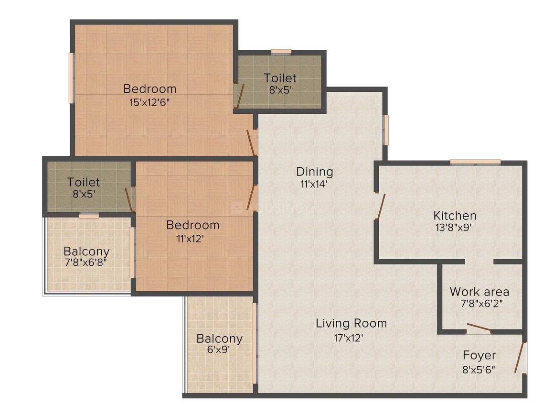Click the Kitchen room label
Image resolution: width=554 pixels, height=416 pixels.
click(454, 215)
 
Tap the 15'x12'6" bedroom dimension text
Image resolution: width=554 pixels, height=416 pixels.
click(149, 102)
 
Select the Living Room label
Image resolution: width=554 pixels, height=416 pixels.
click(351, 323)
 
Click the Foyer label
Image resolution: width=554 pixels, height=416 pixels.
click(479, 355)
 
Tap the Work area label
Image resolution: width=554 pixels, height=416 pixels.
click(479, 291)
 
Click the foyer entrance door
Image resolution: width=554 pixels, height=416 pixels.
click(520, 357)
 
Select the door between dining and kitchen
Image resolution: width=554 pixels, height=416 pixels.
click(381, 207)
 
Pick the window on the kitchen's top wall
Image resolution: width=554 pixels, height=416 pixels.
click(475, 162)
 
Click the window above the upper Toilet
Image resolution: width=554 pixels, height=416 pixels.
click(281, 52)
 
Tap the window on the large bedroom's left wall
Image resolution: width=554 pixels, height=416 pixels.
click(71, 78)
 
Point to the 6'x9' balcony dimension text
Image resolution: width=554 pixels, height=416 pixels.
click(219, 350)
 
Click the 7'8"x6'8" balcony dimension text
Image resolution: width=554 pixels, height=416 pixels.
click(86, 262)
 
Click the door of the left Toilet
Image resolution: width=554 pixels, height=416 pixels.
click(129, 199)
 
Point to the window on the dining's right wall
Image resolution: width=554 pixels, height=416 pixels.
click(386, 130)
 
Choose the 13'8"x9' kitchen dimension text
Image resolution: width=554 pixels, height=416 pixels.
click(454, 228)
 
